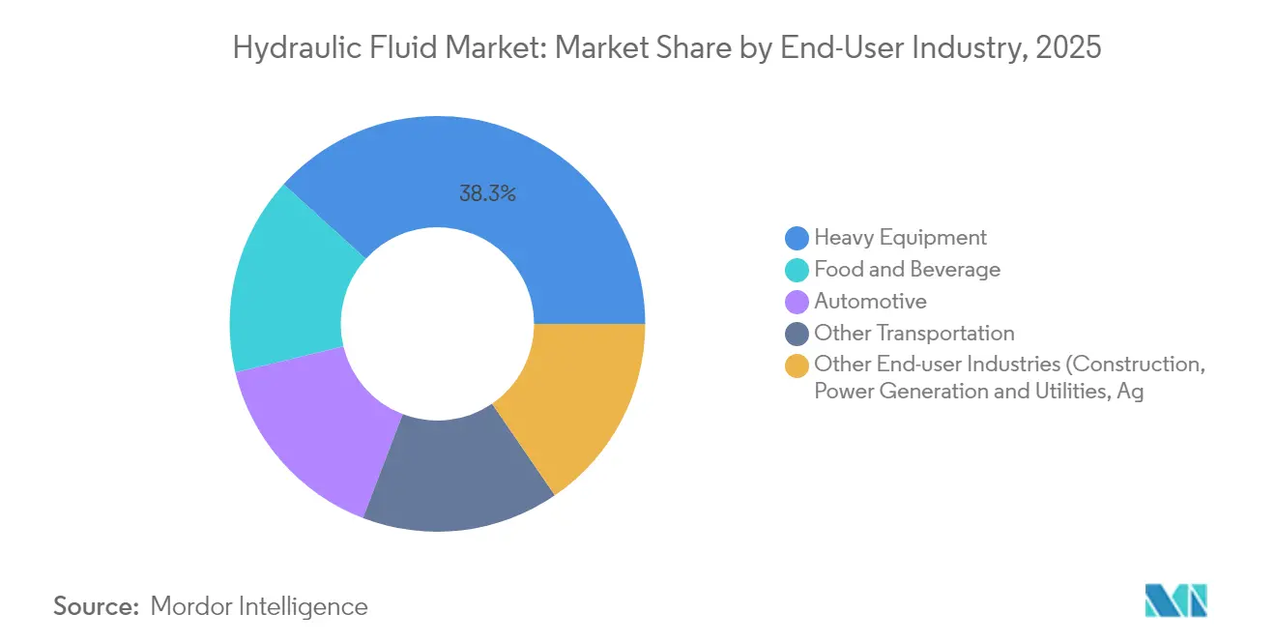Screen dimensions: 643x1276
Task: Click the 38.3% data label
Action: point(487,193)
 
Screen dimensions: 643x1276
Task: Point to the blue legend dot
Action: point(797,238)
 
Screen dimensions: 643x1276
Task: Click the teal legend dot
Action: point(797,270)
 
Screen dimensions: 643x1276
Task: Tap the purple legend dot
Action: point(797,302)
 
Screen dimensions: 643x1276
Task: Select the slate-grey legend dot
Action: point(797,334)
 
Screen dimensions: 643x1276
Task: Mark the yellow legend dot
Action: point(797,365)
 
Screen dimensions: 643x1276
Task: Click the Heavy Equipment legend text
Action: point(900,237)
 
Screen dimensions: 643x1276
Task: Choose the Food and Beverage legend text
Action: point(907,269)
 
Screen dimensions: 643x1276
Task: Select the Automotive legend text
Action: point(870,301)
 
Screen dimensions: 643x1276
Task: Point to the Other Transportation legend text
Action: point(913,333)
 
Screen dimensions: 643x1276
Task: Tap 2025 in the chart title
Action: point(1067,46)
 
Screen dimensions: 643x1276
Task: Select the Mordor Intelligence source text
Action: point(259,606)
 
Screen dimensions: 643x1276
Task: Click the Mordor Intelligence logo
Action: point(1175,600)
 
